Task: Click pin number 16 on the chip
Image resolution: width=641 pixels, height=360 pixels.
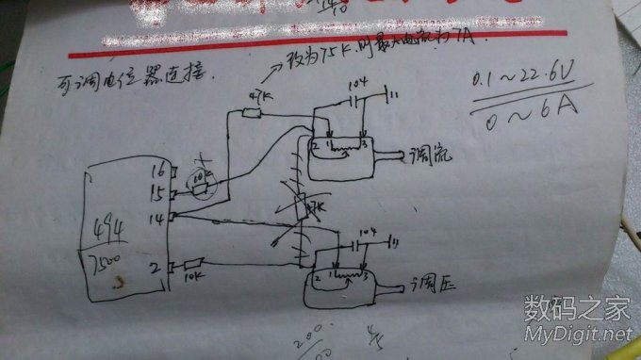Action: pyautogui.click(x=157, y=172)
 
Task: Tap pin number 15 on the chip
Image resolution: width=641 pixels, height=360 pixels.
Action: pyautogui.click(x=157, y=192)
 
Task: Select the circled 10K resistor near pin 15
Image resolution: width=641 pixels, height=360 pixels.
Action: pyautogui.click(x=201, y=184)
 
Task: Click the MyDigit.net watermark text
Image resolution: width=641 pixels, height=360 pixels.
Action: pyautogui.click(x=578, y=333)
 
